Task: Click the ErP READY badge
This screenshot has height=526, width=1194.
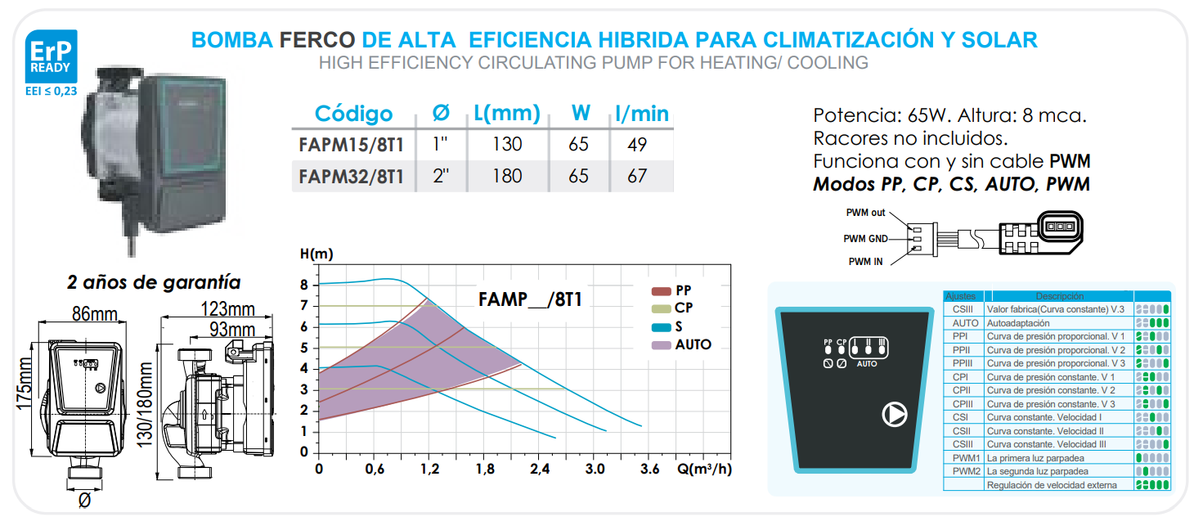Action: (51, 56)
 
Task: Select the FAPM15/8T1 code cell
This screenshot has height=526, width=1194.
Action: (351, 145)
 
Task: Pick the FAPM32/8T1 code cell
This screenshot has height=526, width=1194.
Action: (351, 176)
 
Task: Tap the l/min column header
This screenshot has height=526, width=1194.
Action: (641, 114)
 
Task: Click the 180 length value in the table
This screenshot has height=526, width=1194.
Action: (507, 176)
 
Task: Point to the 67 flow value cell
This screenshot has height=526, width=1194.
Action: (636, 176)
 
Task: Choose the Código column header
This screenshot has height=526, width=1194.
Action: (353, 114)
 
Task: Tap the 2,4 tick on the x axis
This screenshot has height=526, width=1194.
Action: (539, 470)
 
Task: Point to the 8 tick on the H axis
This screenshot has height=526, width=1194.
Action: (304, 285)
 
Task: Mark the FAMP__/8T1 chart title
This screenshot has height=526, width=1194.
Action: (530, 299)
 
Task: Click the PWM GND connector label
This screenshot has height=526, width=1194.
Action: (864, 239)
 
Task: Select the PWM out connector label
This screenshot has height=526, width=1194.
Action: (865, 213)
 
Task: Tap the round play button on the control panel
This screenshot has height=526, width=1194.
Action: (895, 416)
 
